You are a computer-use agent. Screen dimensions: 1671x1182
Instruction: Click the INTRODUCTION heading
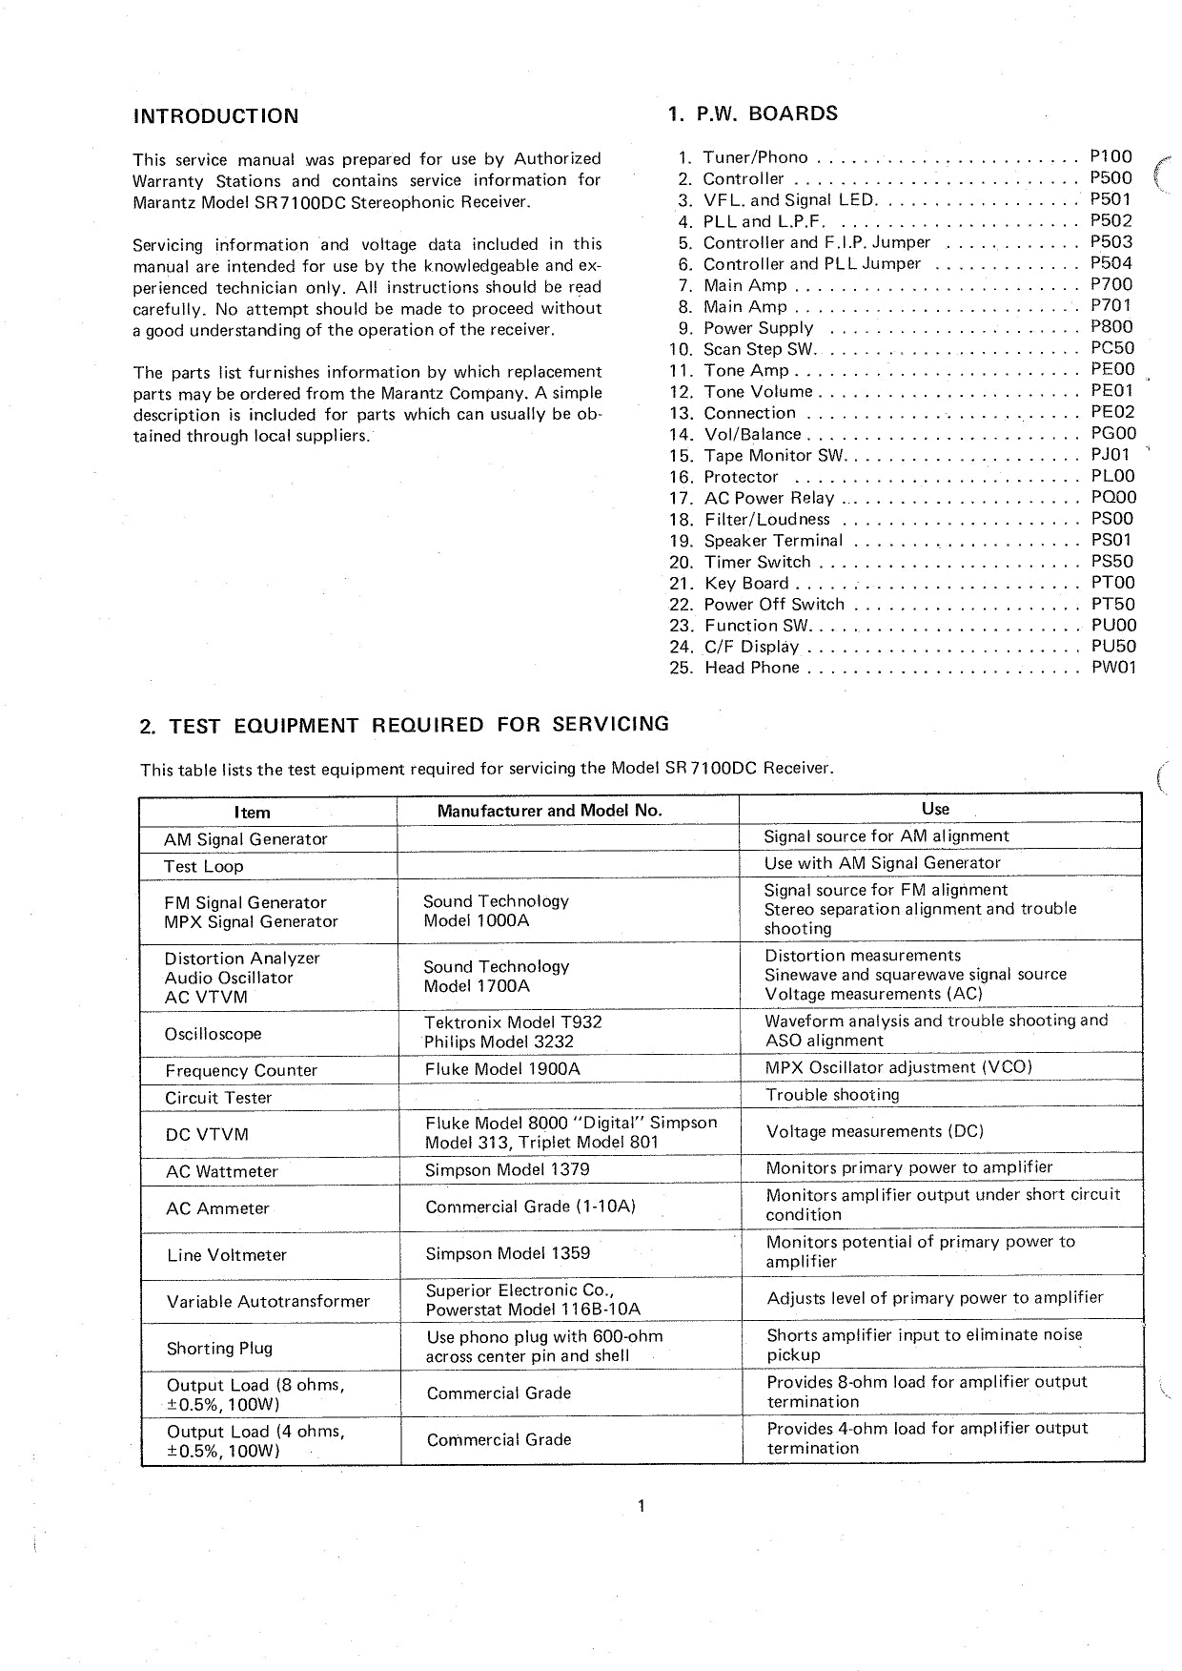tap(215, 116)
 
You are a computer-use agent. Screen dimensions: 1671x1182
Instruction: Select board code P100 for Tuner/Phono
tap(1111, 157)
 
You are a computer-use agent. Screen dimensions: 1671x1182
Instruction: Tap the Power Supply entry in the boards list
tap(759, 328)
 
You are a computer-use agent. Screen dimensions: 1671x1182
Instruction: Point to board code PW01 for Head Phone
tap(1113, 668)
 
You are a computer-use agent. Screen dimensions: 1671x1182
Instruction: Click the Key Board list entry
tap(746, 584)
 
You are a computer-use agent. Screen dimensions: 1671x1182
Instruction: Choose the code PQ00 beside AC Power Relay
tap(1113, 498)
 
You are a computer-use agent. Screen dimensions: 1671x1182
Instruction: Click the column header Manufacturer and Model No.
tap(549, 812)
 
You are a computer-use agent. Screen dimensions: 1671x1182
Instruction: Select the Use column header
tap(935, 809)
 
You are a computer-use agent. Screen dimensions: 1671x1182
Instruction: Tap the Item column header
tap(253, 813)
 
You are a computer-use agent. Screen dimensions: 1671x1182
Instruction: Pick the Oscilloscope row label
tap(214, 1034)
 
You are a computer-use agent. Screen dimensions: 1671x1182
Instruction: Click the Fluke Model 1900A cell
tap(502, 1069)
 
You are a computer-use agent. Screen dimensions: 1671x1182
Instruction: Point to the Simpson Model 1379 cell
tap(507, 1169)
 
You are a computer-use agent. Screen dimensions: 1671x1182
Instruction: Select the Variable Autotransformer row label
tap(268, 1302)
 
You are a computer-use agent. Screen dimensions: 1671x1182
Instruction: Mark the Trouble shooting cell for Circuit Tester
tap(832, 1095)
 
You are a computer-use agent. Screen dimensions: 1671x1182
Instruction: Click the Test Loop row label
tap(204, 867)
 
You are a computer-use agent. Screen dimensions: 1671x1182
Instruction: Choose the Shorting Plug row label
tap(219, 1349)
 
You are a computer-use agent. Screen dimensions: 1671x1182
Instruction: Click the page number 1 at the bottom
tap(642, 1506)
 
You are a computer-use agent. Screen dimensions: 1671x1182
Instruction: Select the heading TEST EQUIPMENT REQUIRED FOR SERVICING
tap(404, 725)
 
